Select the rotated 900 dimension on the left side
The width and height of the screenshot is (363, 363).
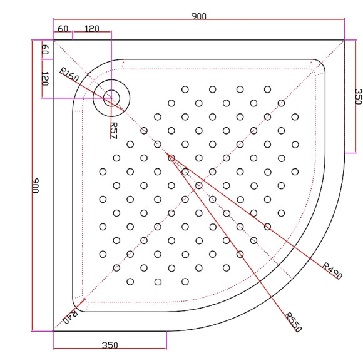(36, 185)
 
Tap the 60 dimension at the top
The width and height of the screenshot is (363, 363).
(63, 29)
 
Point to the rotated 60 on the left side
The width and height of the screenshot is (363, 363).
(44, 50)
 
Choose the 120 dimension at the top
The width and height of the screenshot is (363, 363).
(91, 29)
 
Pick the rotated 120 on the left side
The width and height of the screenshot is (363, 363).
(44, 79)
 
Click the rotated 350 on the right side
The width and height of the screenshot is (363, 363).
(358, 96)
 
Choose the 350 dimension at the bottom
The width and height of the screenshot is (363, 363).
(110, 345)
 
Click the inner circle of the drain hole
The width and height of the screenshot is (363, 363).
(111, 97)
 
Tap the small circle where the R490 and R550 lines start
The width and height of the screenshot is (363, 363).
(171, 158)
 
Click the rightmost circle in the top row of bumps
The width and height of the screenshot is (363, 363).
(267, 89)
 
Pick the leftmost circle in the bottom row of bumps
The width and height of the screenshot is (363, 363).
(130, 282)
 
